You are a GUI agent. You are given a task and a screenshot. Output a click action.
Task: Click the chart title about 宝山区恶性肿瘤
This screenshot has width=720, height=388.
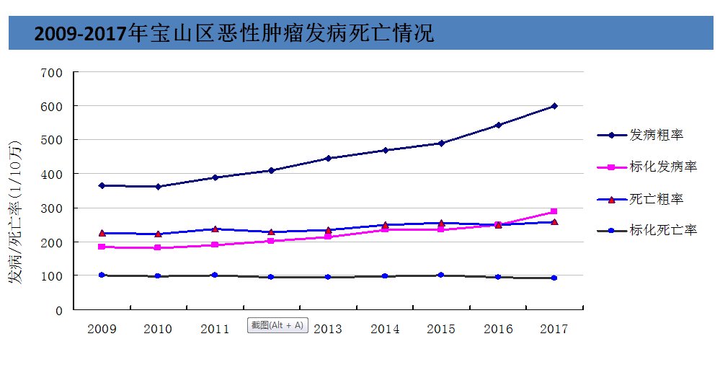click(x=234, y=34)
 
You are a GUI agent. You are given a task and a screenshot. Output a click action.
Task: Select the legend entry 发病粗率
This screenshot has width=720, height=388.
click(x=657, y=135)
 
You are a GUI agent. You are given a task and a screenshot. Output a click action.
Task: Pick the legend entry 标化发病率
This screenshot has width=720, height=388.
click(x=663, y=167)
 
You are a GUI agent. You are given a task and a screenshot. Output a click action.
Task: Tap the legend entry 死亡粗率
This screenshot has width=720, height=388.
click(x=657, y=199)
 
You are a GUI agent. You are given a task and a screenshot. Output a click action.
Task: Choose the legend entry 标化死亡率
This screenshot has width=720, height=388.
click(x=663, y=231)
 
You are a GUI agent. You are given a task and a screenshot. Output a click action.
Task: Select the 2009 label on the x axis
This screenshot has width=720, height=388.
click(x=102, y=330)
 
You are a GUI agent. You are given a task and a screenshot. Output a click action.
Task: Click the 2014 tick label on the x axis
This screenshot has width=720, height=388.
click(x=385, y=330)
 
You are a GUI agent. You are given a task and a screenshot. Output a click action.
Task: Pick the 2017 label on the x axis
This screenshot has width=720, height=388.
click(x=554, y=330)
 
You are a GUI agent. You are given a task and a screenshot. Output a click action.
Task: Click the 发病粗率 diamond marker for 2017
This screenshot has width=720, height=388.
click(x=554, y=106)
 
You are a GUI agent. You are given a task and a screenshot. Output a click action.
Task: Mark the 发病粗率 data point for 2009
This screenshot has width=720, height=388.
click(x=102, y=185)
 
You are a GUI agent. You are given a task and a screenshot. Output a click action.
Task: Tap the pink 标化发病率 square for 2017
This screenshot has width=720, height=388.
click(x=554, y=211)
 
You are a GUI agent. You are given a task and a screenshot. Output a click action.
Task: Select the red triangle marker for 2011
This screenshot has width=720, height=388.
click(x=215, y=229)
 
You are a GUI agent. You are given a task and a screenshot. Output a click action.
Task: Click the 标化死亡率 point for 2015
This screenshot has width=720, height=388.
click(x=441, y=275)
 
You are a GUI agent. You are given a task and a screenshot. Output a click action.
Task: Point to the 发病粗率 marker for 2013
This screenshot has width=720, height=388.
click(x=328, y=158)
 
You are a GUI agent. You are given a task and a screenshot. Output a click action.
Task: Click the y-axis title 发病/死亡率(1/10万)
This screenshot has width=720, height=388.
click(x=15, y=213)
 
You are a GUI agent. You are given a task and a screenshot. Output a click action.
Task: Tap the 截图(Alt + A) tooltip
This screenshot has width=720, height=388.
click(x=277, y=325)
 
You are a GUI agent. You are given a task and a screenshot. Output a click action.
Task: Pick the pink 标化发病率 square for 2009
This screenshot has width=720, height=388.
click(x=102, y=247)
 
